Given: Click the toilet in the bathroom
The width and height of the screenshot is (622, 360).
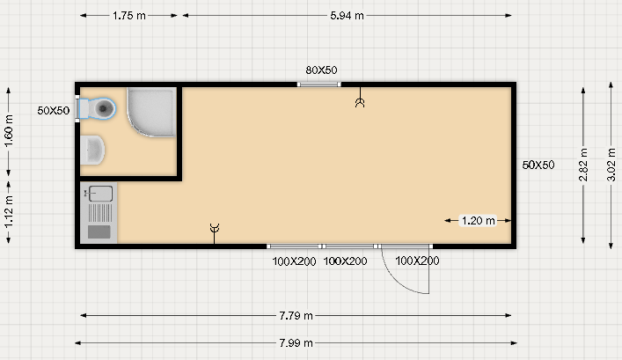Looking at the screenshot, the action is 98,108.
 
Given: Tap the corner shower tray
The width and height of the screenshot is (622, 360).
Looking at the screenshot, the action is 152,112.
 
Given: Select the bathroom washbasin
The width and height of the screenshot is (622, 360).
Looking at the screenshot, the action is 92,150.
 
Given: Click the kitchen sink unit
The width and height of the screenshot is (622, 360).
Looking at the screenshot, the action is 99,213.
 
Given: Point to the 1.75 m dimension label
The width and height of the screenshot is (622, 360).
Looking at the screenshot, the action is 129,16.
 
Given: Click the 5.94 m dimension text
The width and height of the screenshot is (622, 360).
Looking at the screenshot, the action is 347,16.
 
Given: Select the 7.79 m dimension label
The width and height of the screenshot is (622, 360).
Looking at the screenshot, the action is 296,315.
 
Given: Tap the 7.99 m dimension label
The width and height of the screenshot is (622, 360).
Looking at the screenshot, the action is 296,343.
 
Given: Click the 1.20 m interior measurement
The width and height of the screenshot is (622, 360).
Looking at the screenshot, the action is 479,220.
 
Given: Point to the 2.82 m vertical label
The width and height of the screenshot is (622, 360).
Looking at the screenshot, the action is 582,165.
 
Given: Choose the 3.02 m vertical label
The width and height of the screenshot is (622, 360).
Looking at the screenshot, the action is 611,165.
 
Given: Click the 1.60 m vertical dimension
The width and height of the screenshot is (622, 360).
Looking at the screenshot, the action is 8,130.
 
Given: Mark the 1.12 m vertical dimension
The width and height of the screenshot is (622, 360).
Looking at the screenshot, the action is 8,211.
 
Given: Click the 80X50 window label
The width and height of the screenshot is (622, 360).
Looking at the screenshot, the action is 321,70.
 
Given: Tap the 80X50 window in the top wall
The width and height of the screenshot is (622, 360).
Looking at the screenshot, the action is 319,84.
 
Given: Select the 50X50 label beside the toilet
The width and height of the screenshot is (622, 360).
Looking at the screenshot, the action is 54,110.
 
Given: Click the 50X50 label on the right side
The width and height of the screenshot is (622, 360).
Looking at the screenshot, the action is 538,165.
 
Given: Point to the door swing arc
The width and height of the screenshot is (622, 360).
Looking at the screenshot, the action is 396,281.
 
